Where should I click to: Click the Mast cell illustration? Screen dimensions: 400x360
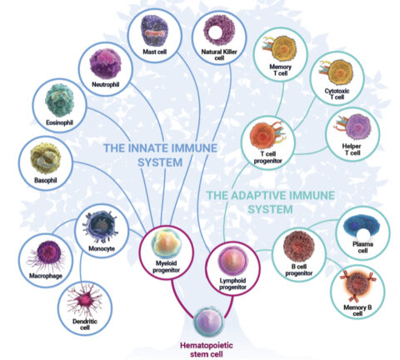tap(154, 30)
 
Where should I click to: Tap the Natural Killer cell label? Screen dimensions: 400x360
tap(219, 55)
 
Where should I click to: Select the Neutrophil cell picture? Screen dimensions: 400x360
tap(106, 63)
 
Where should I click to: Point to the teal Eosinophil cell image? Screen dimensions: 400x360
tap(59, 100)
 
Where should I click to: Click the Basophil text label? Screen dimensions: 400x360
tap(46, 180)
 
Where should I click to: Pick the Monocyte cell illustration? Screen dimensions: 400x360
tap(102, 227)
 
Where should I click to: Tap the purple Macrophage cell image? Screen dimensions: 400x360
tap(47, 255)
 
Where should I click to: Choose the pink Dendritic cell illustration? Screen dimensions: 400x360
tap(85, 300)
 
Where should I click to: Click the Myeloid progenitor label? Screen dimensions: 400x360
tap(166, 267)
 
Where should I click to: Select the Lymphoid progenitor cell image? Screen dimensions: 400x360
tap(232, 261)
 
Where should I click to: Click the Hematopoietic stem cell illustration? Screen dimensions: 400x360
tap(208, 322)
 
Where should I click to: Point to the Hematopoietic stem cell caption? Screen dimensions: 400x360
tap(207, 350)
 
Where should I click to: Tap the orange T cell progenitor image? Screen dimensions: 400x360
tap(267, 136)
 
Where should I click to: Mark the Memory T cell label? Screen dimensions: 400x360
tap(280, 70)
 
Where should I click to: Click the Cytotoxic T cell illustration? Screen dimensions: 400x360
tap(337, 72)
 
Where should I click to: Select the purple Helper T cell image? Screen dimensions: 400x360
tap(355, 127)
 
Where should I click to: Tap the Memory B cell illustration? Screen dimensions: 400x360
tap(357, 287)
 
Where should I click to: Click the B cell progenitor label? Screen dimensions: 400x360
tap(299, 270)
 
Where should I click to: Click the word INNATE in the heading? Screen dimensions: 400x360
tap(147, 147)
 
